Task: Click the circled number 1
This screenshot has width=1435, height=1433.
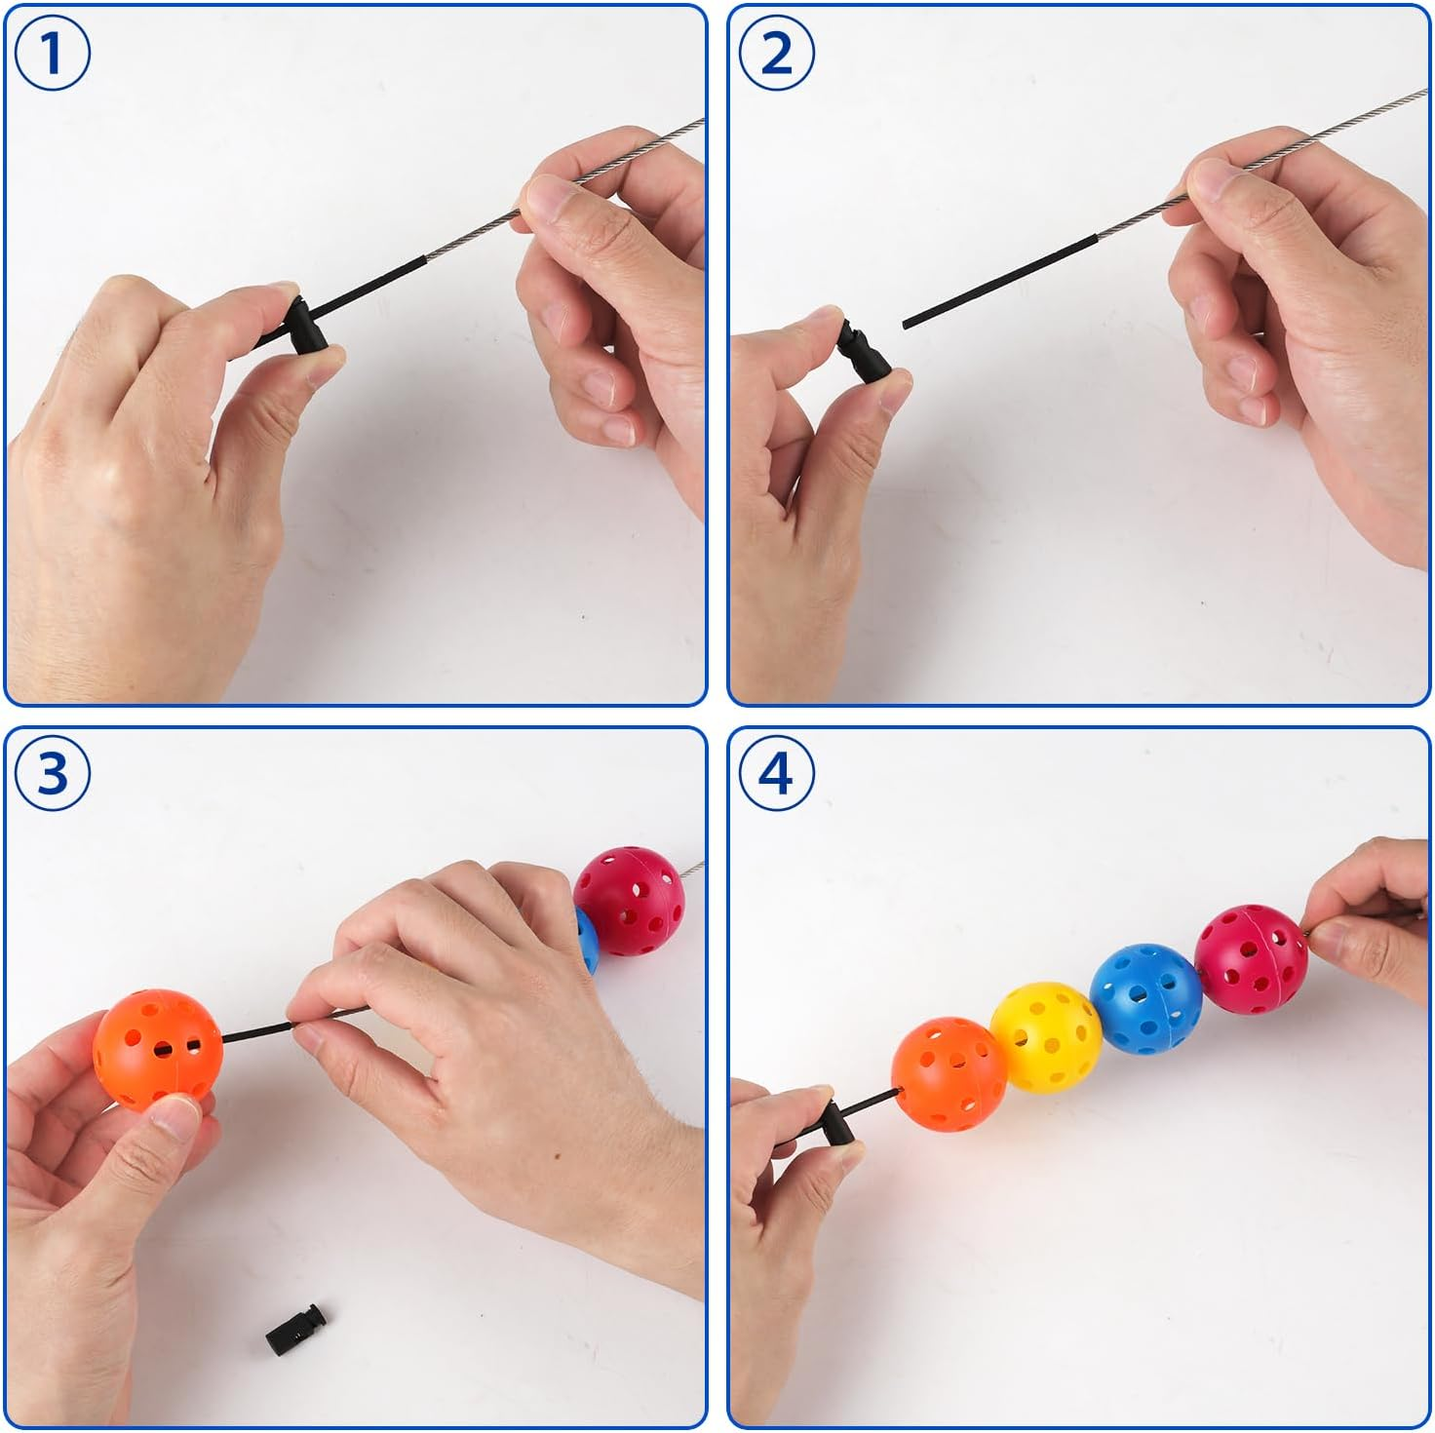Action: point(52,53)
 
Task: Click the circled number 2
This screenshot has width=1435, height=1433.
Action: point(777,53)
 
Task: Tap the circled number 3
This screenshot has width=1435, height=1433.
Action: point(52,772)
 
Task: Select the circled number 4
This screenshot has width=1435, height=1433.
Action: point(777,772)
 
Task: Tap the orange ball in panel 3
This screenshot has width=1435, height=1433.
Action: point(157,1051)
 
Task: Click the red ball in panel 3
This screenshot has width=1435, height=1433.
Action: point(629,901)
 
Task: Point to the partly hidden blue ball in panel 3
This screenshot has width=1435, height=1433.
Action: point(587,940)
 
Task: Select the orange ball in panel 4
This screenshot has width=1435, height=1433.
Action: point(949,1074)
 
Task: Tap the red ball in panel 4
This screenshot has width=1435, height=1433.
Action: point(1251,958)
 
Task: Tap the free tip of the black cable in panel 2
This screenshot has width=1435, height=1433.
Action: point(906,326)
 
